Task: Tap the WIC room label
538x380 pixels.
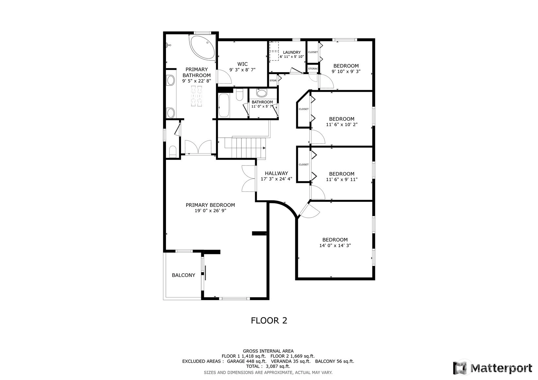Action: [x=242, y=64]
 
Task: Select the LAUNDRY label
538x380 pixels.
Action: [x=292, y=52]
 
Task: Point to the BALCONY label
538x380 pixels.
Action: [x=184, y=275]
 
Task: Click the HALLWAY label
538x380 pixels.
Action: [x=276, y=173]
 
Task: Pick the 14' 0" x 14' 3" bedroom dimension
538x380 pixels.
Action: [x=335, y=245]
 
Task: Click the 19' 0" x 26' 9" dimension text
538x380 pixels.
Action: [x=210, y=211]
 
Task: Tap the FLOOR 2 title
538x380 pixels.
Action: [x=269, y=321]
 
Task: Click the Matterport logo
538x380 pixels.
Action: [x=493, y=368]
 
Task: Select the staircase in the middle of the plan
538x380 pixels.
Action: [x=245, y=147]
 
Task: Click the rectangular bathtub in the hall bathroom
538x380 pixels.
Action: [x=224, y=105]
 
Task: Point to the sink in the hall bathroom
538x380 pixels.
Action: [x=262, y=93]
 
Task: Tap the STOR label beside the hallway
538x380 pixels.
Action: [x=273, y=80]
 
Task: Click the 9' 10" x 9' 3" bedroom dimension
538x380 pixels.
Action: [x=346, y=71]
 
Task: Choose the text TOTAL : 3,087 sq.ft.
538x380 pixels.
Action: [x=268, y=366]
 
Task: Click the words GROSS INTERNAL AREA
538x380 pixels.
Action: [x=268, y=351]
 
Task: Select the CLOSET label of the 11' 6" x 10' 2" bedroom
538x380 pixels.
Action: [x=303, y=109]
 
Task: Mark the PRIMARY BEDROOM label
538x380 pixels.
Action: [x=210, y=205]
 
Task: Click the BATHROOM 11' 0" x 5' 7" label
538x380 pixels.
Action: [x=262, y=104]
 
